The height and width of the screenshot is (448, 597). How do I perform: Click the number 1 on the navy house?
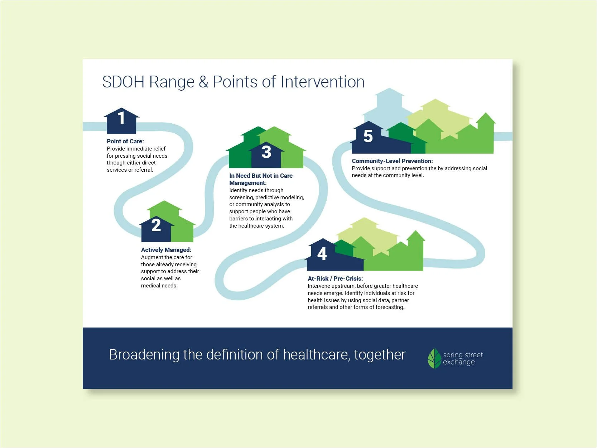point(121,118)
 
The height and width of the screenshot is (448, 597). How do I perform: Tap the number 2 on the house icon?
point(156,225)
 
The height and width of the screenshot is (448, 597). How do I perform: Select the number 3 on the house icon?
point(266,152)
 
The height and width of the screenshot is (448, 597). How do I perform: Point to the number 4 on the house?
point(322,254)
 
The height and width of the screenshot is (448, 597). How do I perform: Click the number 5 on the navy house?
point(368,136)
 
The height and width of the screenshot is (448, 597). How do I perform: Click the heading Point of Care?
point(125,141)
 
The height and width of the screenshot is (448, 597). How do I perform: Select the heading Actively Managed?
point(166,250)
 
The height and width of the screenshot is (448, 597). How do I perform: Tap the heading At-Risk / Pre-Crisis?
point(335,278)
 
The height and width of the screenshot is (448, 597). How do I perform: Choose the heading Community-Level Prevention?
point(392,161)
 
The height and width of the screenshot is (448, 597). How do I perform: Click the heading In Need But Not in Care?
point(261,176)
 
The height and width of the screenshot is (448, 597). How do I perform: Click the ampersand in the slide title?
point(203,82)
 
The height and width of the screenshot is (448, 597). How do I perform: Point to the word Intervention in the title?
point(322,82)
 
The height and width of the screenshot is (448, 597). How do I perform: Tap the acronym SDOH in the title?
point(123,82)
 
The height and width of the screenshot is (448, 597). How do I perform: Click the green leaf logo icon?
point(434,358)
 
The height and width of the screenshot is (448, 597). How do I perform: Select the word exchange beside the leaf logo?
point(458,362)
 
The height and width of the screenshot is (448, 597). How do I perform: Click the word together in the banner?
point(380,355)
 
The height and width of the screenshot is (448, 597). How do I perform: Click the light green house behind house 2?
point(165,208)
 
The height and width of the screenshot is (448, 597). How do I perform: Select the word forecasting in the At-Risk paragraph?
point(389,307)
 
